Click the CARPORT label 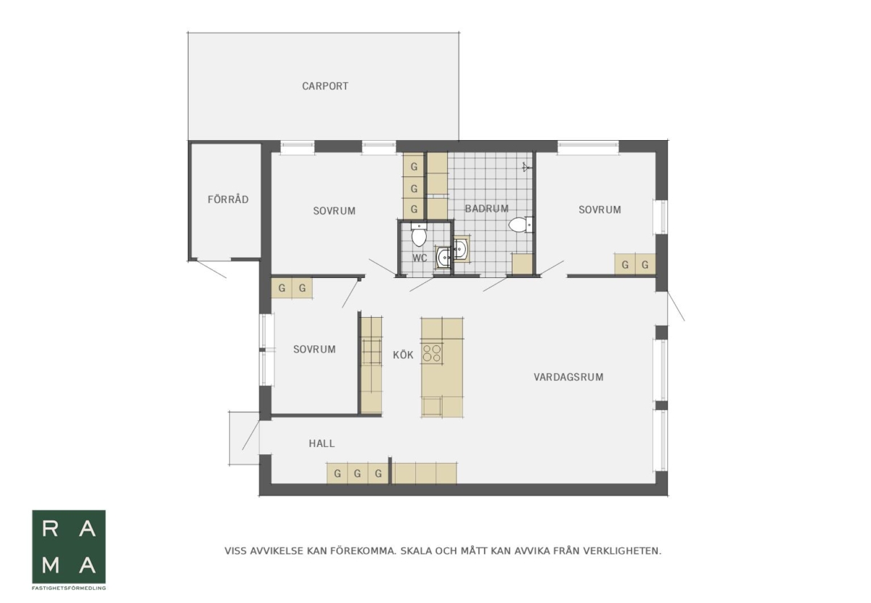[325, 86]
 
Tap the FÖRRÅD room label [228, 199]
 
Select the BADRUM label [487, 209]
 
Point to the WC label [420, 258]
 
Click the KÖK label [403, 355]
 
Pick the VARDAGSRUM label [568, 377]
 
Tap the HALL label [322, 443]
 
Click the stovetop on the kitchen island [432, 353]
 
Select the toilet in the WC [419, 234]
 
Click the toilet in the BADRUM [520, 225]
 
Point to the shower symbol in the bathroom [526, 167]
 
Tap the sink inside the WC [443, 257]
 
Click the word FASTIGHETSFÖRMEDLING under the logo [69, 588]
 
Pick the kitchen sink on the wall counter [372, 351]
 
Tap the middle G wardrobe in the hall [357, 474]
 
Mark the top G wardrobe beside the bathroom [414, 166]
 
